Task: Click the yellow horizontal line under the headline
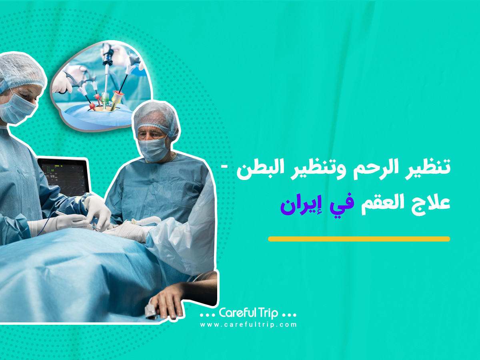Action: coord(359,239)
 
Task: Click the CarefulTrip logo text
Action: coord(248,313)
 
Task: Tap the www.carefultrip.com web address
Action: coord(248,324)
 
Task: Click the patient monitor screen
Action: coord(64,178)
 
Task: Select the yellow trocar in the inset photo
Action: coord(116,100)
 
